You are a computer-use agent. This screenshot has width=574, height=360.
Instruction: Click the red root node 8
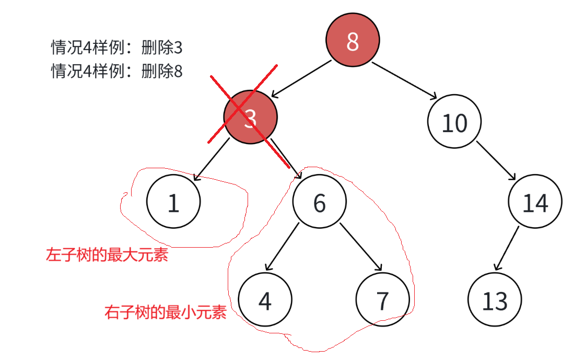click(353, 41)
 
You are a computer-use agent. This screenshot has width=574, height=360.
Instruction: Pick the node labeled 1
click(173, 202)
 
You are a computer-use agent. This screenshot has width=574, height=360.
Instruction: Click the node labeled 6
click(319, 202)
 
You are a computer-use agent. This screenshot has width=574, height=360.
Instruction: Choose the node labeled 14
click(535, 202)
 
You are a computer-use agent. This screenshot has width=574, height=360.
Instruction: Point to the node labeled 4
click(265, 299)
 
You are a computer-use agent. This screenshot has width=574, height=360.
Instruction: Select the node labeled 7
click(382, 299)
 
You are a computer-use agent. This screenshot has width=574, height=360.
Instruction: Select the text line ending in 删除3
click(116, 48)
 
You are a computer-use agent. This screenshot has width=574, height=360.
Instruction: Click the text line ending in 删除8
click(116, 71)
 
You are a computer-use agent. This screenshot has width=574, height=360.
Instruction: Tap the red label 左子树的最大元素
click(107, 255)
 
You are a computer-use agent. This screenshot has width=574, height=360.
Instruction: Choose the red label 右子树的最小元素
click(165, 312)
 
